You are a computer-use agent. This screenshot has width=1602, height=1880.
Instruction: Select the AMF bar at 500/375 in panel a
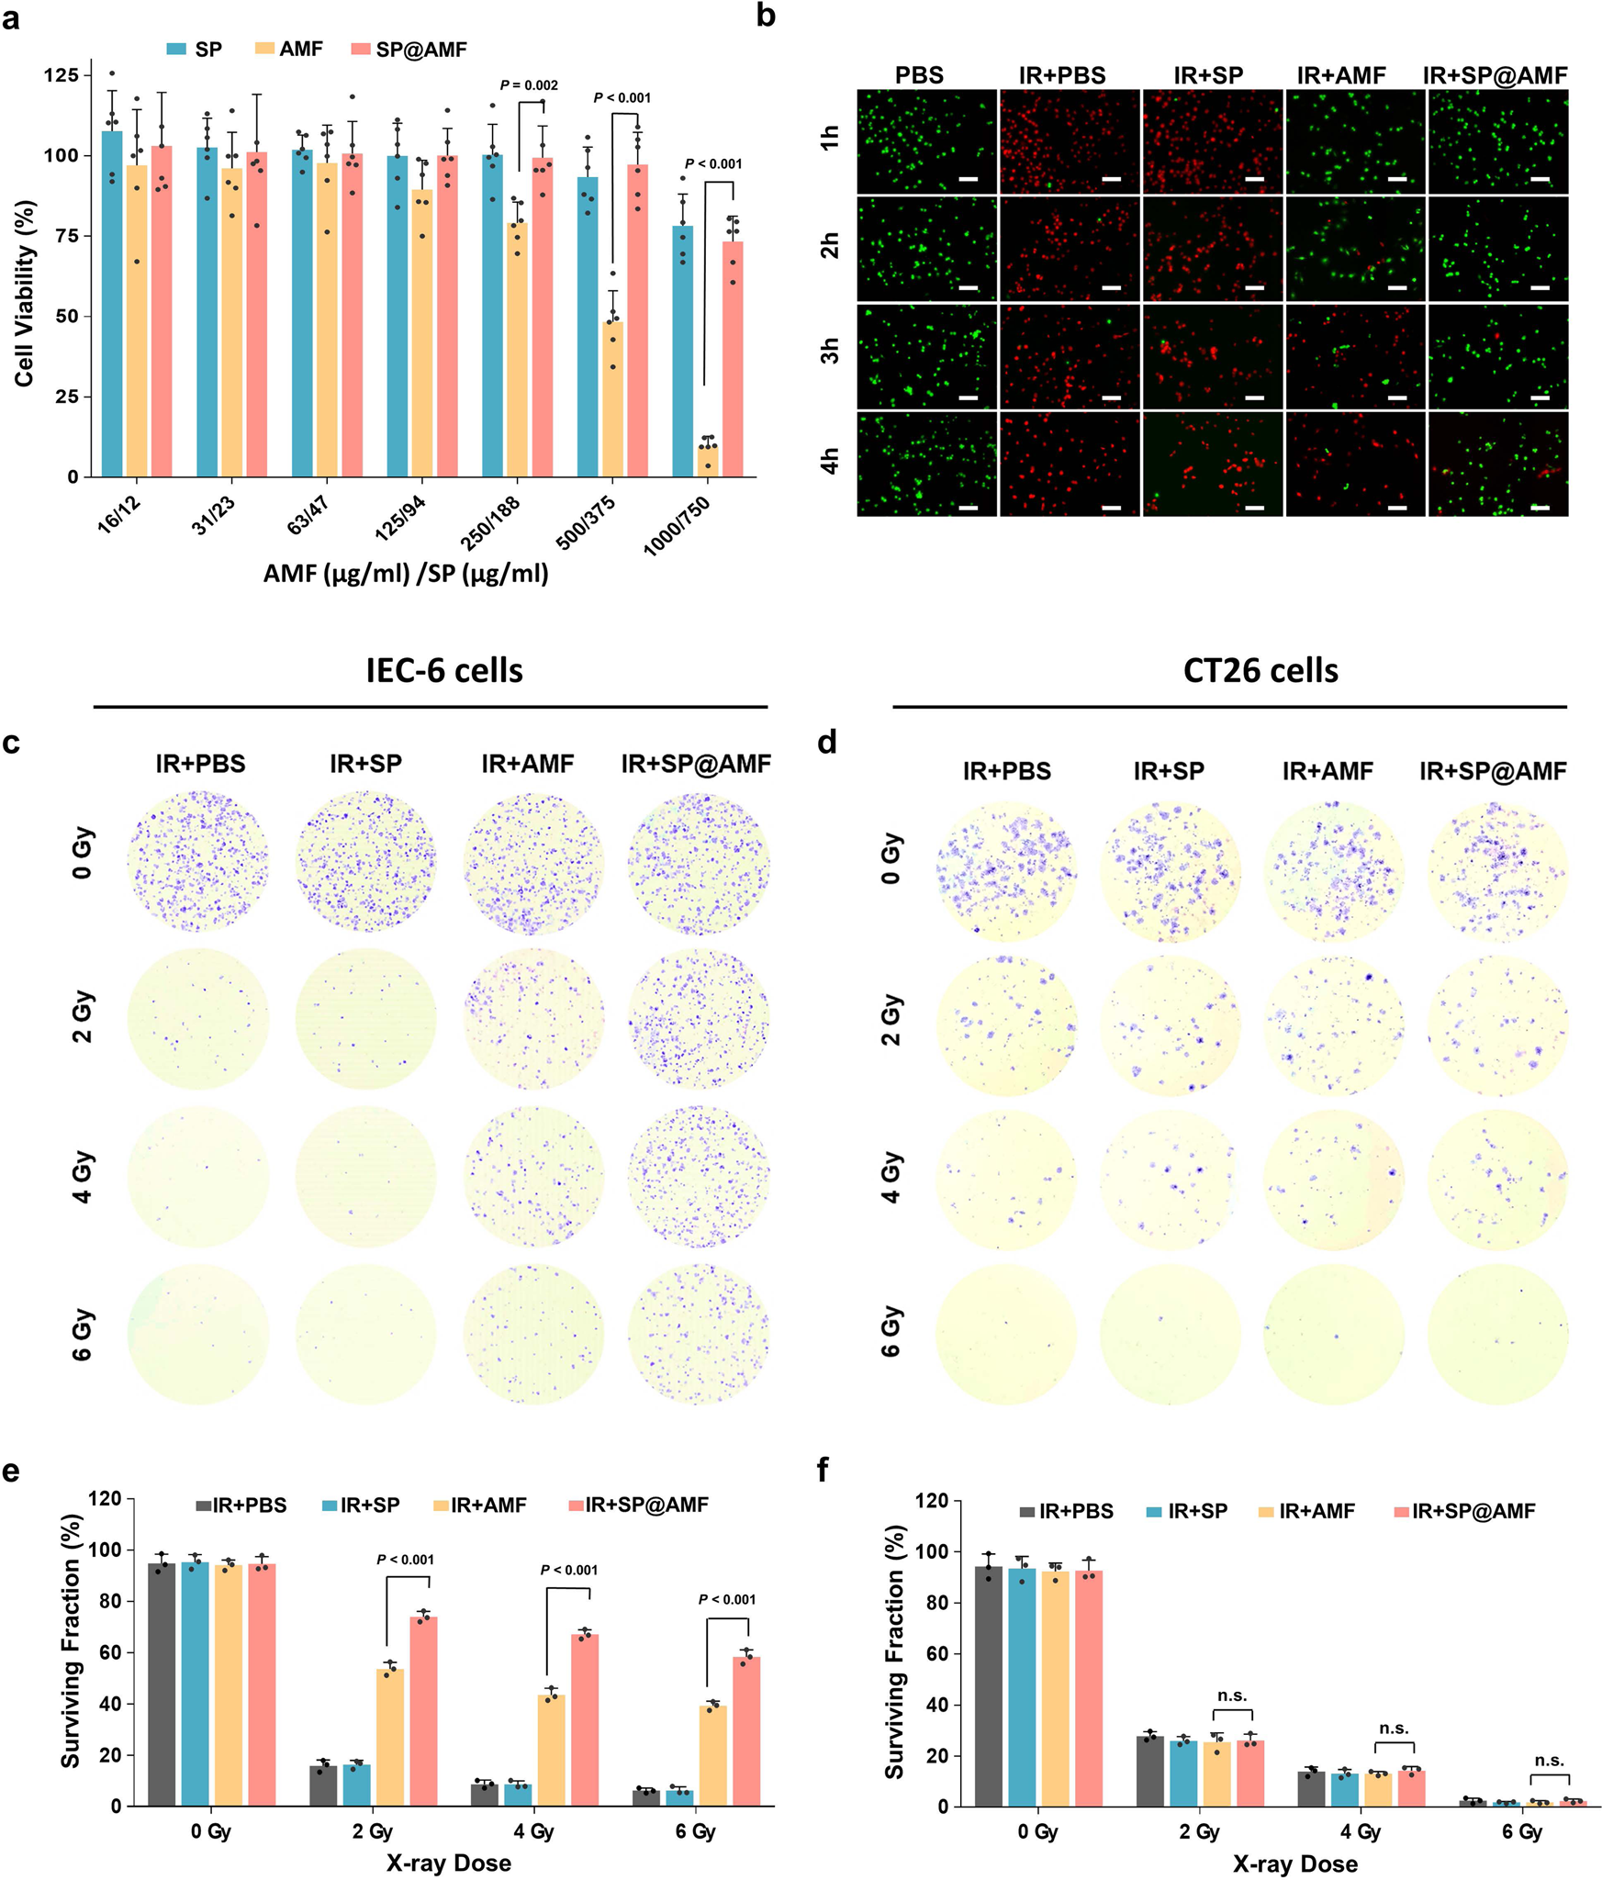(x=612, y=399)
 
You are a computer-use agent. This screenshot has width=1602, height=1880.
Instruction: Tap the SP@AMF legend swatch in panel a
(x=360, y=49)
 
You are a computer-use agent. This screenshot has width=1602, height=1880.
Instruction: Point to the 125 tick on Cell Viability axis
(x=61, y=75)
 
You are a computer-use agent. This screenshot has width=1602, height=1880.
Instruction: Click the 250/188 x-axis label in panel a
(x=491, y=523)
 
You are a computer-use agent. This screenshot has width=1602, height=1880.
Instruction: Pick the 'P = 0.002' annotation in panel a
(x=529, y=85)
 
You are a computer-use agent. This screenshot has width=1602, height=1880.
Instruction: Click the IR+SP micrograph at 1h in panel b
(x=1212, y=141)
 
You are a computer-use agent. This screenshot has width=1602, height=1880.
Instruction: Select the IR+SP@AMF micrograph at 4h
(x=1497, y=464)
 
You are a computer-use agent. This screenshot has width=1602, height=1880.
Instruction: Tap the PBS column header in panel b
(x=919, y=75)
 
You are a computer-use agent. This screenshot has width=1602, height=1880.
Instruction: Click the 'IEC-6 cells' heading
(x=444, y=671)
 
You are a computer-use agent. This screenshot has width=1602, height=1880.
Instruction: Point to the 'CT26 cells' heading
(x=1260, y=671)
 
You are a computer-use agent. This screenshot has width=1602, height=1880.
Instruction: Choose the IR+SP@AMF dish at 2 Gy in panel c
(x=699, y=1019)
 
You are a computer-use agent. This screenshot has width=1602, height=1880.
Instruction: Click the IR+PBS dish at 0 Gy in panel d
(x=1006, y=870)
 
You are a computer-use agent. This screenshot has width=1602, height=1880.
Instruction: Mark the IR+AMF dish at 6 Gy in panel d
(x=1333, y=1333)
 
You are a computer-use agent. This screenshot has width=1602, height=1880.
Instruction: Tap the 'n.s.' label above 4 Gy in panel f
(x=1394, y=1729)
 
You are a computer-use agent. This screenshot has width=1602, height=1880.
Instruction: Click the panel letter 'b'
(x=767, y=16)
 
